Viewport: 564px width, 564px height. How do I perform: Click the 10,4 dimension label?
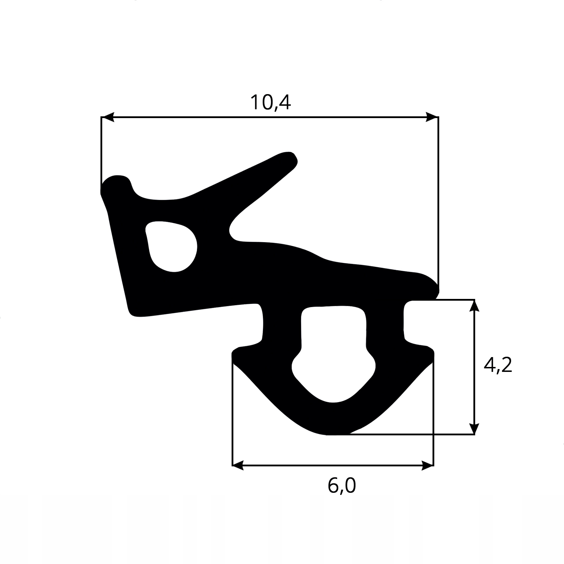coord(270,103)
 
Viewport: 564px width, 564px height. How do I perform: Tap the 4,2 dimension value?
coord(497,366)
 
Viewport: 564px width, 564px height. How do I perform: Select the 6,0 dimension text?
coord(342,486)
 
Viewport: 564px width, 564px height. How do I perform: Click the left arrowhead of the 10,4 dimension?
coord(108,117)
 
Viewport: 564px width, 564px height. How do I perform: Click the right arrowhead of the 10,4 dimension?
coord(432,117)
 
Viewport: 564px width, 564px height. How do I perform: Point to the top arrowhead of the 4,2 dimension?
coord(475,306)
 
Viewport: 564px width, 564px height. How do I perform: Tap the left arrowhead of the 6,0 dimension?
coord(239,466)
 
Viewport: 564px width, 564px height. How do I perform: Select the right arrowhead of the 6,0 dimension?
coord(427,466)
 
